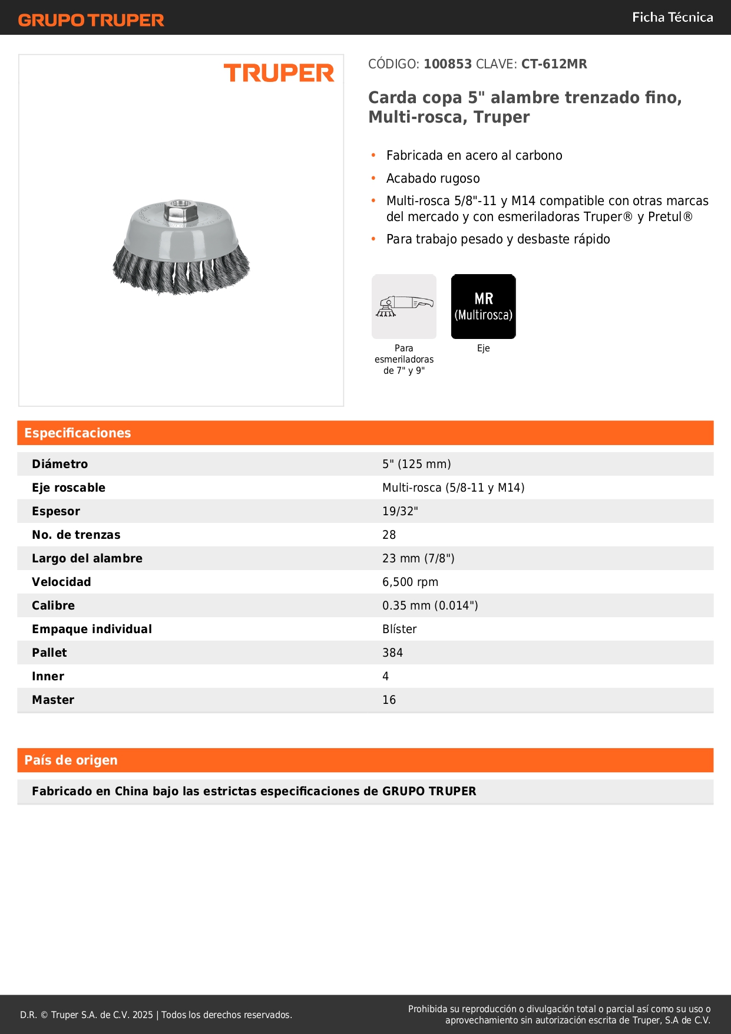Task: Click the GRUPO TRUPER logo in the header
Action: (x=91, y=20)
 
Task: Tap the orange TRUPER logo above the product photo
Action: (x=279, y=73)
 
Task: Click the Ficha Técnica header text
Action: (x=672, y=17)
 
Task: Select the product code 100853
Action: (x=448, y=64)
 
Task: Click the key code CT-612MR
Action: (x=554, y=64)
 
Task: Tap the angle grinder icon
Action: (x=404, y=306)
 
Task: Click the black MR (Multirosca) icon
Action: (x=483, y=306)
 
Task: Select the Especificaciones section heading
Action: (x=78, y=433)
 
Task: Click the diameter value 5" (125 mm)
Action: (x=416, y=464)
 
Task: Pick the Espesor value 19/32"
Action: (x=400, y=511)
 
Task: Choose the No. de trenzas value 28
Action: (x=389, y=535)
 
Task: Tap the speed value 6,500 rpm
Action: (x=410, y=582)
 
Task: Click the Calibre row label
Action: (x=53, y=605)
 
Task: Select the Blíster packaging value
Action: (x=399, y=629)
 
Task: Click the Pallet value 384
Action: (x=392, y=653)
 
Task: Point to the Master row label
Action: (x=53, y=700)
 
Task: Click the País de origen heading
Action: (x=71, y=760)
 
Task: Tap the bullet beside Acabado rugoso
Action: (x=373, y=178)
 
